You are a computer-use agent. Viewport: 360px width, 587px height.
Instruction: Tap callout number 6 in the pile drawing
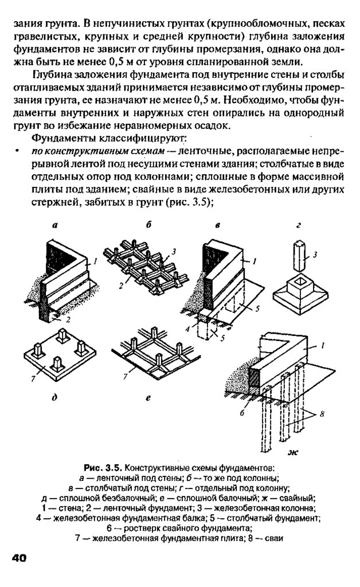click(243, 412)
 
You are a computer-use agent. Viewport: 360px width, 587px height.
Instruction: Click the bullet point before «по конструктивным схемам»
click(18, 151)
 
